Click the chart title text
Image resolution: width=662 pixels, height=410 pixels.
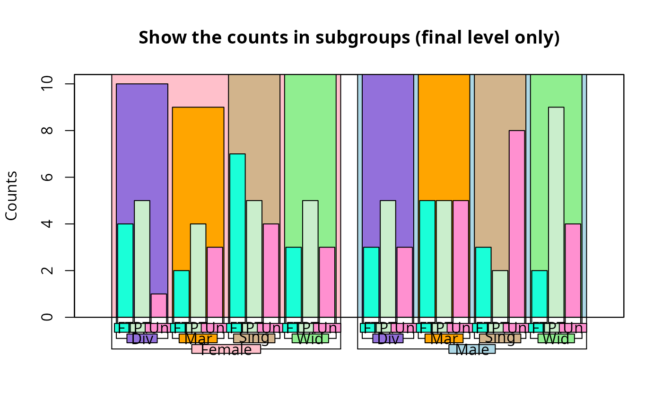tap(349, 38)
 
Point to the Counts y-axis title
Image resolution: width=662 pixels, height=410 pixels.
tap(11, 196)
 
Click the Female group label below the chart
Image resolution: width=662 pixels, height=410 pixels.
tap(226, 350)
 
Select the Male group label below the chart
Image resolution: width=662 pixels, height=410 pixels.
tap(472, 350)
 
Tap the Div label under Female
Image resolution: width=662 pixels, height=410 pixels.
tap(142, 339)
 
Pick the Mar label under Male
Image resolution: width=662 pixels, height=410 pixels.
tap(444, 339)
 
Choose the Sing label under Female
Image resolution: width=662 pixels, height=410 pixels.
tap(254, 338)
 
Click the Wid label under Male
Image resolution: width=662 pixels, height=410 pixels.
tap(556, 339)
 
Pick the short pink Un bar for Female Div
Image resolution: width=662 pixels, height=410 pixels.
tap(159, 305)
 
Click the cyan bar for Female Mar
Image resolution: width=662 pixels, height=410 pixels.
tap(181, 294)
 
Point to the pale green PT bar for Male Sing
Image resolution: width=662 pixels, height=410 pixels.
tap(500, 294)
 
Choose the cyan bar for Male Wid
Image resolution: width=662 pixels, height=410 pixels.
tap(539, 294)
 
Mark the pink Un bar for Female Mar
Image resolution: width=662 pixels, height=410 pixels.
tap(215, 282)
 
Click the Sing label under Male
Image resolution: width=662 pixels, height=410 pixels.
tap(500, 338)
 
